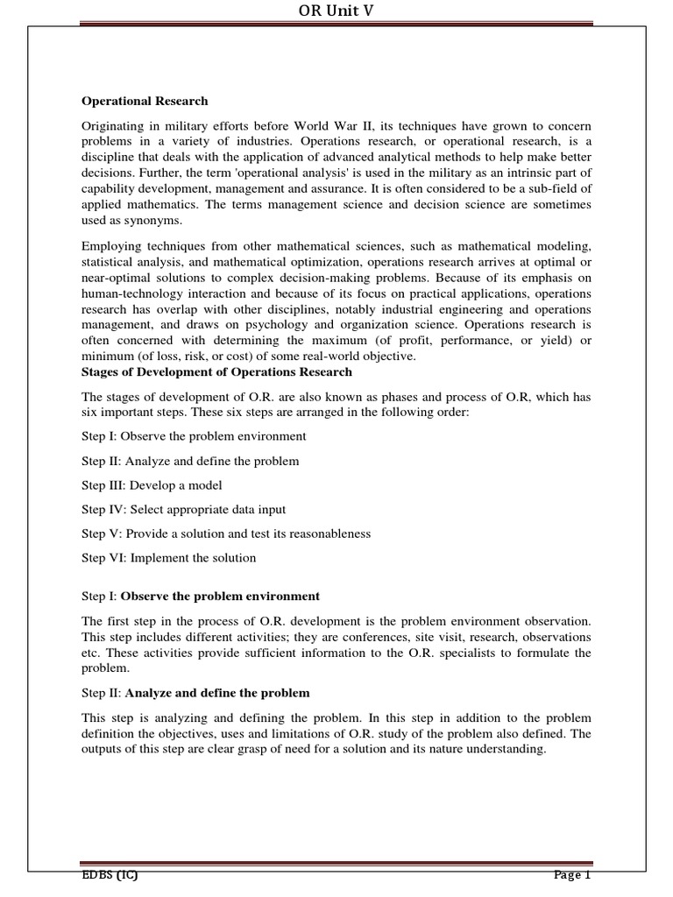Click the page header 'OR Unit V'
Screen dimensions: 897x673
click(x=336, y=11)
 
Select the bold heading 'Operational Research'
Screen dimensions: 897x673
click(x=145, y=101)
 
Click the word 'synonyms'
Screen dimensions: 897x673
click(x=154, y=220)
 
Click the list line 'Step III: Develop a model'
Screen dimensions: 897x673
click(x=152, y=484)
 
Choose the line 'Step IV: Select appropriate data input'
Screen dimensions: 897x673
click(x=184, y=509)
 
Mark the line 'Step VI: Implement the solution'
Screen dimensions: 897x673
click(x=169, y=557)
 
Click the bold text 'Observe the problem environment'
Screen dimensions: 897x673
click(x=220, y=596)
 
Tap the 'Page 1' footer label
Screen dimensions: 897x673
click(x=573, y=876)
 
